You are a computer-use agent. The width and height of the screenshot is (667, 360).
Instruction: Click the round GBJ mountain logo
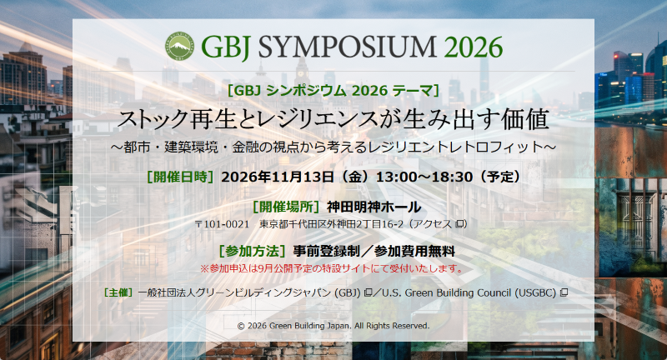[179, 46]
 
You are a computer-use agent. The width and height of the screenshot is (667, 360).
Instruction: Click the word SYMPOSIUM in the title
[347, 47]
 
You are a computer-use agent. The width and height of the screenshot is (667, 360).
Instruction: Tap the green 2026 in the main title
[474, 47]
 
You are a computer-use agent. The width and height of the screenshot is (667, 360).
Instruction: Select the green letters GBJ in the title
[225, 47]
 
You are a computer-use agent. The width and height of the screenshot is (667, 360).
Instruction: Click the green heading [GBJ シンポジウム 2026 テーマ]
[333, 91]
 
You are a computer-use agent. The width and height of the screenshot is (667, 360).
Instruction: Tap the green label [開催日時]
[180, 177]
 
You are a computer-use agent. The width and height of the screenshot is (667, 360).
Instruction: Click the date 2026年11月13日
[278, 177]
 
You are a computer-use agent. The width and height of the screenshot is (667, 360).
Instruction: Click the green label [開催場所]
[286, 207]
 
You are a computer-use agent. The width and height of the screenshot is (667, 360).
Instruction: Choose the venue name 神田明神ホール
[374, 207]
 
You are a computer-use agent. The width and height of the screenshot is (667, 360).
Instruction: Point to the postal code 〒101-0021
[222, 224]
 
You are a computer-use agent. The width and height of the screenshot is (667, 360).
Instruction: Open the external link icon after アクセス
[459, 224]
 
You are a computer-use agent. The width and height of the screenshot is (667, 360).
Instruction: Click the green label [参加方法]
[252, 251]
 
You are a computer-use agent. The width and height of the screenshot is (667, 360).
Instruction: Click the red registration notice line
[331, 268]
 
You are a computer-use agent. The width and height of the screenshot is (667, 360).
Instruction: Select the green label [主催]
[118, 292]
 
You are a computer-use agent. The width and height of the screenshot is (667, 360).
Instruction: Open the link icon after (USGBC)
[564, 292]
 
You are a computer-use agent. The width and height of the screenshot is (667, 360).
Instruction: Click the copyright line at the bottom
[333, 326]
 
